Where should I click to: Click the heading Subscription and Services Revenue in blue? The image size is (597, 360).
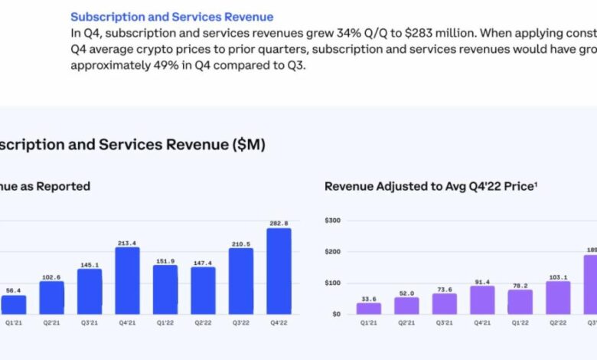171,16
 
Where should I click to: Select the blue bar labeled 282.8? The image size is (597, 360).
279,271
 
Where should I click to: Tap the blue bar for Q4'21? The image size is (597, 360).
127,280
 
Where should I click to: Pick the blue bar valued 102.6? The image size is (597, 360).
51,298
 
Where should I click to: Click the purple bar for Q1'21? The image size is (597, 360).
369,308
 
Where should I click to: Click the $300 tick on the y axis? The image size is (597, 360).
333,221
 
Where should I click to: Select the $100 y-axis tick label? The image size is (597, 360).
333,283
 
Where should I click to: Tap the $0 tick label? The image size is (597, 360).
336,314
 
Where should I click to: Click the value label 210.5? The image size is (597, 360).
240,244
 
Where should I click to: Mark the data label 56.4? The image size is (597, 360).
13,291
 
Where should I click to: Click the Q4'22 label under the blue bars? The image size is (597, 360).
279,323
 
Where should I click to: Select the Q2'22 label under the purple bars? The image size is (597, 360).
558,323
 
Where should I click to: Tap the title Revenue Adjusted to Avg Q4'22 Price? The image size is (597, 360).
429,186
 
